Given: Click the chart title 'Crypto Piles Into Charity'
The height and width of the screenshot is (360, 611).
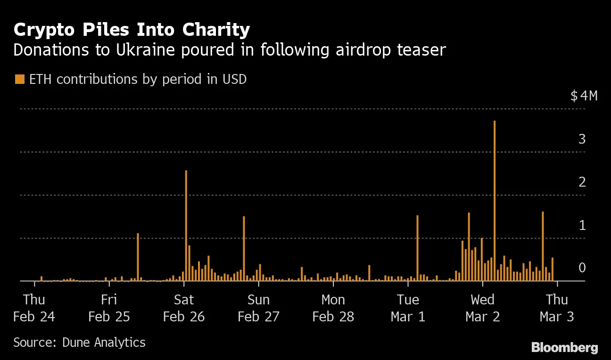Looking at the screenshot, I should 132,30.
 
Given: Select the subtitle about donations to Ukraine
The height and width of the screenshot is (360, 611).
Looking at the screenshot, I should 229,50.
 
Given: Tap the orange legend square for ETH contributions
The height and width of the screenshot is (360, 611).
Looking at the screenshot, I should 19,79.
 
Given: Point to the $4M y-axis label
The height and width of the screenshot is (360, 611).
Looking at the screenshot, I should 584,96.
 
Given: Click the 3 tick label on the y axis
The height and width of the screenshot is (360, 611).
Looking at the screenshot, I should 582,139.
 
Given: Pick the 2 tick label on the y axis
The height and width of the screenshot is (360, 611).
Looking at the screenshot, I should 582,182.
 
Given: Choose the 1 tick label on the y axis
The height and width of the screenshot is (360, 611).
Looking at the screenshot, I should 582,225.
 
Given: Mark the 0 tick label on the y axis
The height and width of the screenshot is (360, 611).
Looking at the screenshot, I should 582,268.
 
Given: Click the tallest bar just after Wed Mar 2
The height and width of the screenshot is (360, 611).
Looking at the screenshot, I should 494,203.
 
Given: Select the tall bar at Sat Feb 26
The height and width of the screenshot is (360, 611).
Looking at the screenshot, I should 186,226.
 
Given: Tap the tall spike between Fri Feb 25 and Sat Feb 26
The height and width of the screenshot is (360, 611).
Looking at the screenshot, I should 138,257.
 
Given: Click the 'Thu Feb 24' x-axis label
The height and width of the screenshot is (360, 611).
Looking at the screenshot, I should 34,308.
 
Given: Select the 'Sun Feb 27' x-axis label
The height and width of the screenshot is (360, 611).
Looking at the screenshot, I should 258,308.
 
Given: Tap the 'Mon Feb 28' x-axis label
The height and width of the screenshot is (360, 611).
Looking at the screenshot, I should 333,308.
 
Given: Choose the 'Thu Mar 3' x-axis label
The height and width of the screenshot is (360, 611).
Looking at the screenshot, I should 557,308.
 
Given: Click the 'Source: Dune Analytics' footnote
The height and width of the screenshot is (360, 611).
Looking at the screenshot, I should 79,342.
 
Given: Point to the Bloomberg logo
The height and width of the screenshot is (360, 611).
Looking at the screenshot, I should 564,348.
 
